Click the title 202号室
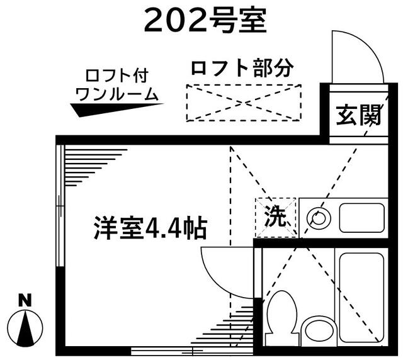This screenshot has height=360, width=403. [205, 21]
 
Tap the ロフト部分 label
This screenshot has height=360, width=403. [242, 68]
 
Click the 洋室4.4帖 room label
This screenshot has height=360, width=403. [150, 228]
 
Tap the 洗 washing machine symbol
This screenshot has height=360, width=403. [276, 217]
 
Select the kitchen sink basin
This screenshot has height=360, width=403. [362, 218]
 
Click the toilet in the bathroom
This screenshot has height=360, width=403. [282, 318]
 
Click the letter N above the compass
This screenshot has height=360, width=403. [25, 300]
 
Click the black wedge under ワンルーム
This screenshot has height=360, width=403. [117, 110]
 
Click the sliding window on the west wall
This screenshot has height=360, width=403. [60, 206]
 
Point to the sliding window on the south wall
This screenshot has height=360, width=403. [192, 351]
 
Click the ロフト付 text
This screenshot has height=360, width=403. [117, 76]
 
